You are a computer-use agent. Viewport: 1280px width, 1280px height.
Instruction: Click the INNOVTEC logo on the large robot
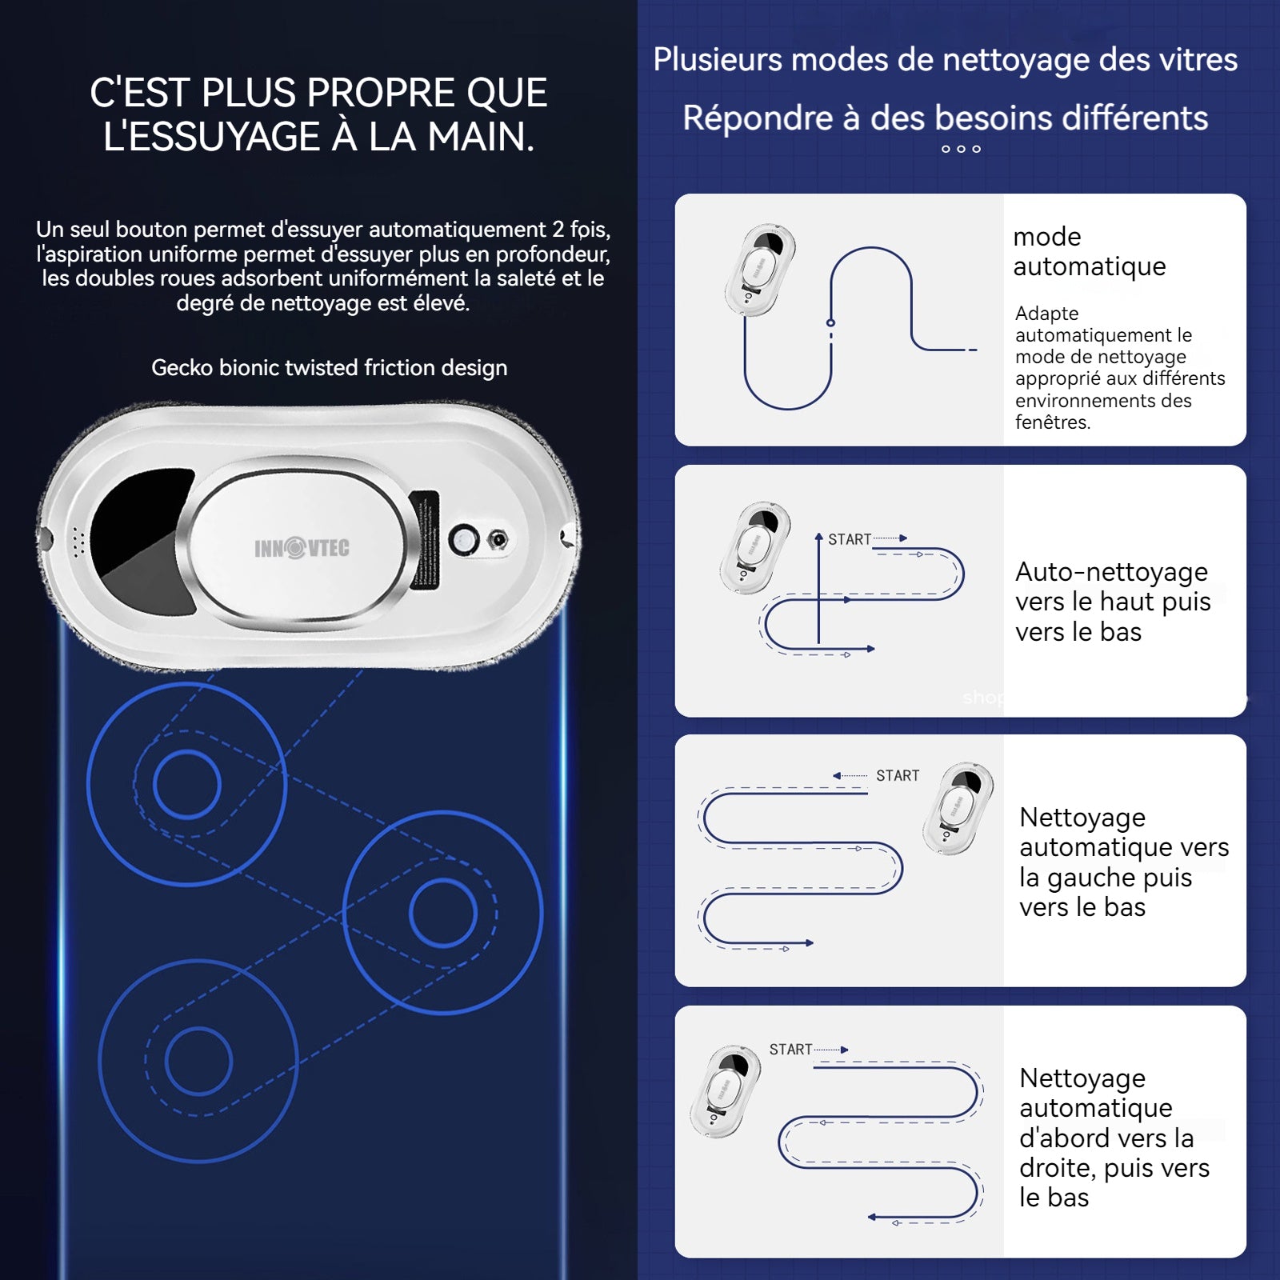click(x=302, y=548)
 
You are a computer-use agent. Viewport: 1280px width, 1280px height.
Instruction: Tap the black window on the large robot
click(x=140, y=529)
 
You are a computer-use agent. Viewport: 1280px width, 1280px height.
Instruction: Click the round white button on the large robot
click(x=463, y=541)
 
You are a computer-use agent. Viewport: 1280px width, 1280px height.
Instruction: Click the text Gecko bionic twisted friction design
click(x=330, y=368)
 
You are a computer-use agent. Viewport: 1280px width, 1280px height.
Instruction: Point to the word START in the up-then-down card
click(x=850, y=539)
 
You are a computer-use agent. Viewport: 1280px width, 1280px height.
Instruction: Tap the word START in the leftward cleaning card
click(x=898, y=775)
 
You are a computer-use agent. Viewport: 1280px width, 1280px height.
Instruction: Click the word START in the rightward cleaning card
click(x=790, y=1049)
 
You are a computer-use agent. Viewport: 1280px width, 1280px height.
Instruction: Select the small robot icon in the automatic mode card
click(x=760, y=270)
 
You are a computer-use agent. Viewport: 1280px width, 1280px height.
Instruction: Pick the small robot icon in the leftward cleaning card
click(x=958, y=809)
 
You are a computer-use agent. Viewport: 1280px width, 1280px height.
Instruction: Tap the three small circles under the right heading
click(x=961, y=149)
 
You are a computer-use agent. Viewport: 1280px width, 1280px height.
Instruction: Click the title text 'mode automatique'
click(x=1089, y=251)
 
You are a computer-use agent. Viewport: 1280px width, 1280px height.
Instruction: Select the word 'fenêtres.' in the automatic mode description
click(x=1053, y=422)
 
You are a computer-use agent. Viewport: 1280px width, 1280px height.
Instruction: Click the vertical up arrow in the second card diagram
click(x=818, y=588)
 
